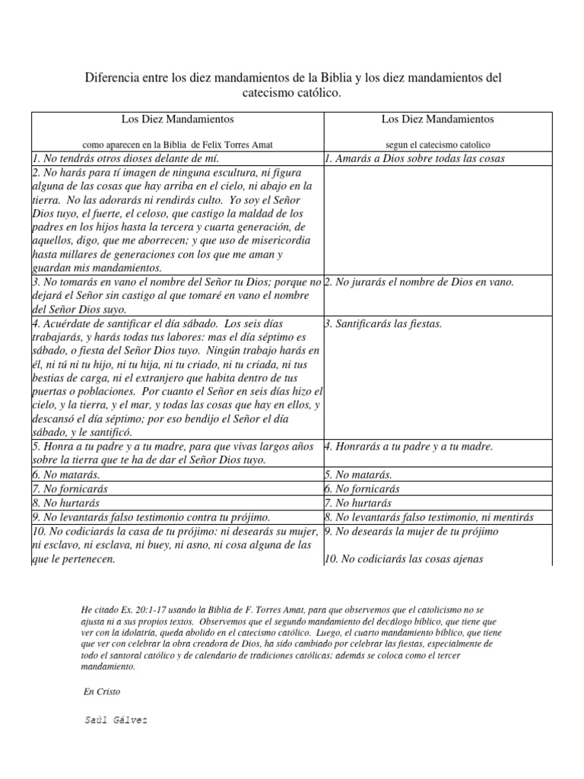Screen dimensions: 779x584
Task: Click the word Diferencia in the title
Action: point(109,78)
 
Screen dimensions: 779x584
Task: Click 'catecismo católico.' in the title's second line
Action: point(291,93)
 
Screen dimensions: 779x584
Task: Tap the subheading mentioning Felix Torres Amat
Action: point(177,144)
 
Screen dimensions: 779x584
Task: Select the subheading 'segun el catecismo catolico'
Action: point(437,144)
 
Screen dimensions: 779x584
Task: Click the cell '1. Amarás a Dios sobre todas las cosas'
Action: point(414,159)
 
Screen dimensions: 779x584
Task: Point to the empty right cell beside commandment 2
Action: point(444,221)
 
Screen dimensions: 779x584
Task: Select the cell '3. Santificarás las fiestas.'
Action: point(383,324)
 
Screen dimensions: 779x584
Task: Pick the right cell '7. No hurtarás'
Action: point(357,503)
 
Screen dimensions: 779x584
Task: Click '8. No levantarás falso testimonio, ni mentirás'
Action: point(429,517)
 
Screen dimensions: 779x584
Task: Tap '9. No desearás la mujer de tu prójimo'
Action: point(411,532)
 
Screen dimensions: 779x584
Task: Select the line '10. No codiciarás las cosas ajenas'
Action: point(404,560)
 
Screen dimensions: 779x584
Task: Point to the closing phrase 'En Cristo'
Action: point(100,692)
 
